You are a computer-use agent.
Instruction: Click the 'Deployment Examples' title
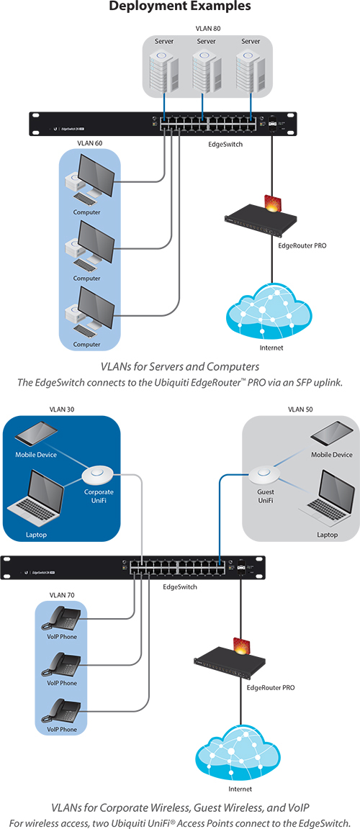180,7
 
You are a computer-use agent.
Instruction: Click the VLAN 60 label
89,143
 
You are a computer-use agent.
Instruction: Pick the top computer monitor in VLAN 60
94,179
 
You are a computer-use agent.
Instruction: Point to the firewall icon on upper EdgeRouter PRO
271,204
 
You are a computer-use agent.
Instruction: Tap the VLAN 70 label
60,594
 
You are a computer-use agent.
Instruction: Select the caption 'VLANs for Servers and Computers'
180,368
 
